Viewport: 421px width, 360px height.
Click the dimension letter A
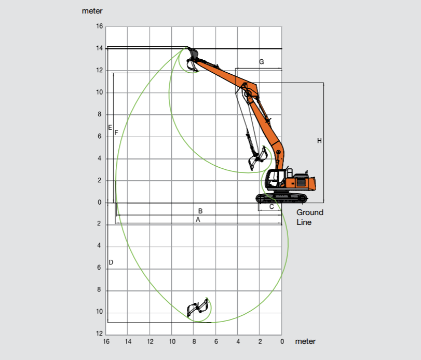click(198, 220)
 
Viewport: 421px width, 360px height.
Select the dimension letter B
click(200, 211)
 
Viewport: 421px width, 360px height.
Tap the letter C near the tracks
click(271, 207)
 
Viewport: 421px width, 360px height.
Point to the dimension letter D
click(111, 262)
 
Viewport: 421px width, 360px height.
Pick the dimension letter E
click(110, 128)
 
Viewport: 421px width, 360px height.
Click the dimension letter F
click(116, 132)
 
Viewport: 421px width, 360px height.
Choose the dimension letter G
click(261, 62)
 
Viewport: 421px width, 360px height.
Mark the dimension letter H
click(319, 140)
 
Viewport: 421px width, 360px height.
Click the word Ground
click(310, 212)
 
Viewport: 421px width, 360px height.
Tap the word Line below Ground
click(304, 222)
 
